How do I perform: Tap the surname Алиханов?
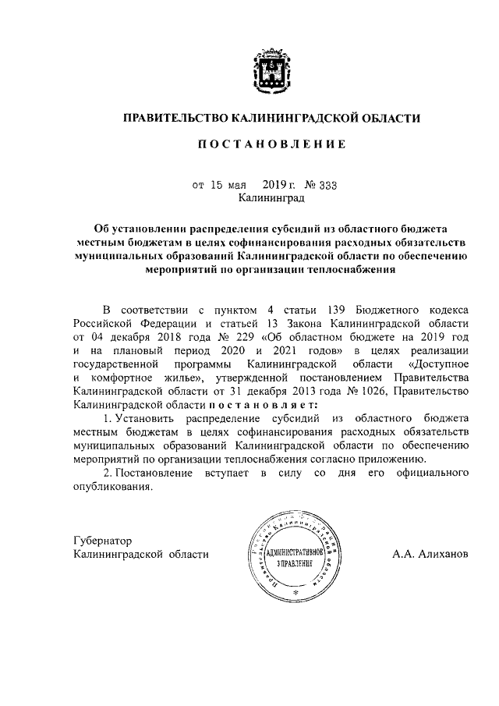tap(441, 555)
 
